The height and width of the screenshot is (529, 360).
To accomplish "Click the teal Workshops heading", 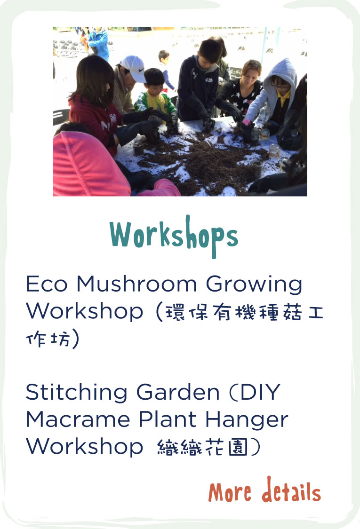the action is (x=174, y=236).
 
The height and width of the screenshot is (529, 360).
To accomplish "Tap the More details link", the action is (x=264, y=490).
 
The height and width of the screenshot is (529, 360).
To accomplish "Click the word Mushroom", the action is (x=136, y=284).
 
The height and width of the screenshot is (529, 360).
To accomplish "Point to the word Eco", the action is (x=47, y=284).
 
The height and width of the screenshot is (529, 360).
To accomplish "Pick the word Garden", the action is (x=178, y=392).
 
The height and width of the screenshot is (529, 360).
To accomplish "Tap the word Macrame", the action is (x=78, y=419).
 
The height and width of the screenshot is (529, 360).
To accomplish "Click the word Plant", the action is (x=168, y=419).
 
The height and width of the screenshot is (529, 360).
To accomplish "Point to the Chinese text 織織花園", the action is (x=202, y=447).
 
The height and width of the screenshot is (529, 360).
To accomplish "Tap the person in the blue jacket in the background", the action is (x=98, y=43).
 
